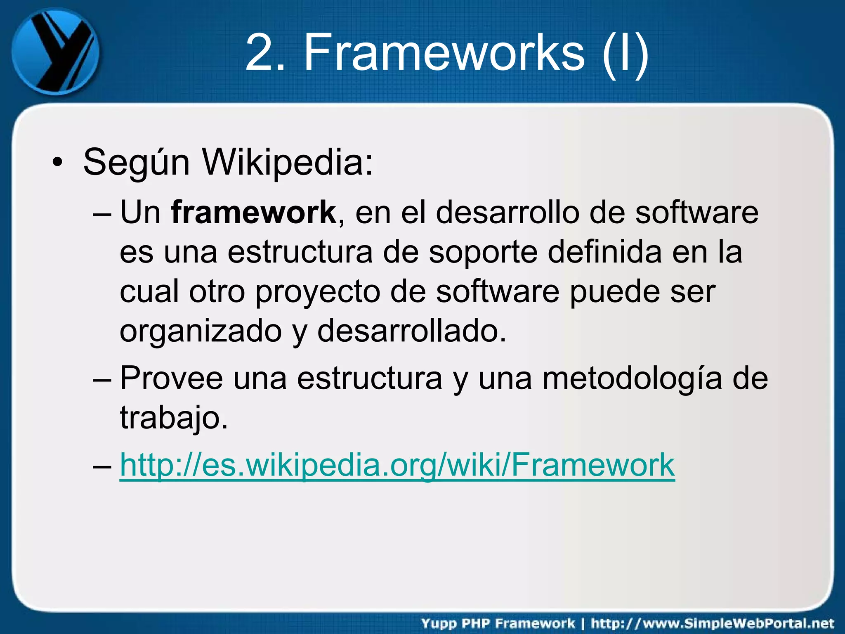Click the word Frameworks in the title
[x=444, y=53]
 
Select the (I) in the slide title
[x=625, y=54]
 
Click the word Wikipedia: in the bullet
[x=288, y=162]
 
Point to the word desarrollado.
[x=411, y=331]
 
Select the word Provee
[x=171, y=379]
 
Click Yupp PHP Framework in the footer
[x=498, y=623]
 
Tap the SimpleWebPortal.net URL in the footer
[x=713, y=623]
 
